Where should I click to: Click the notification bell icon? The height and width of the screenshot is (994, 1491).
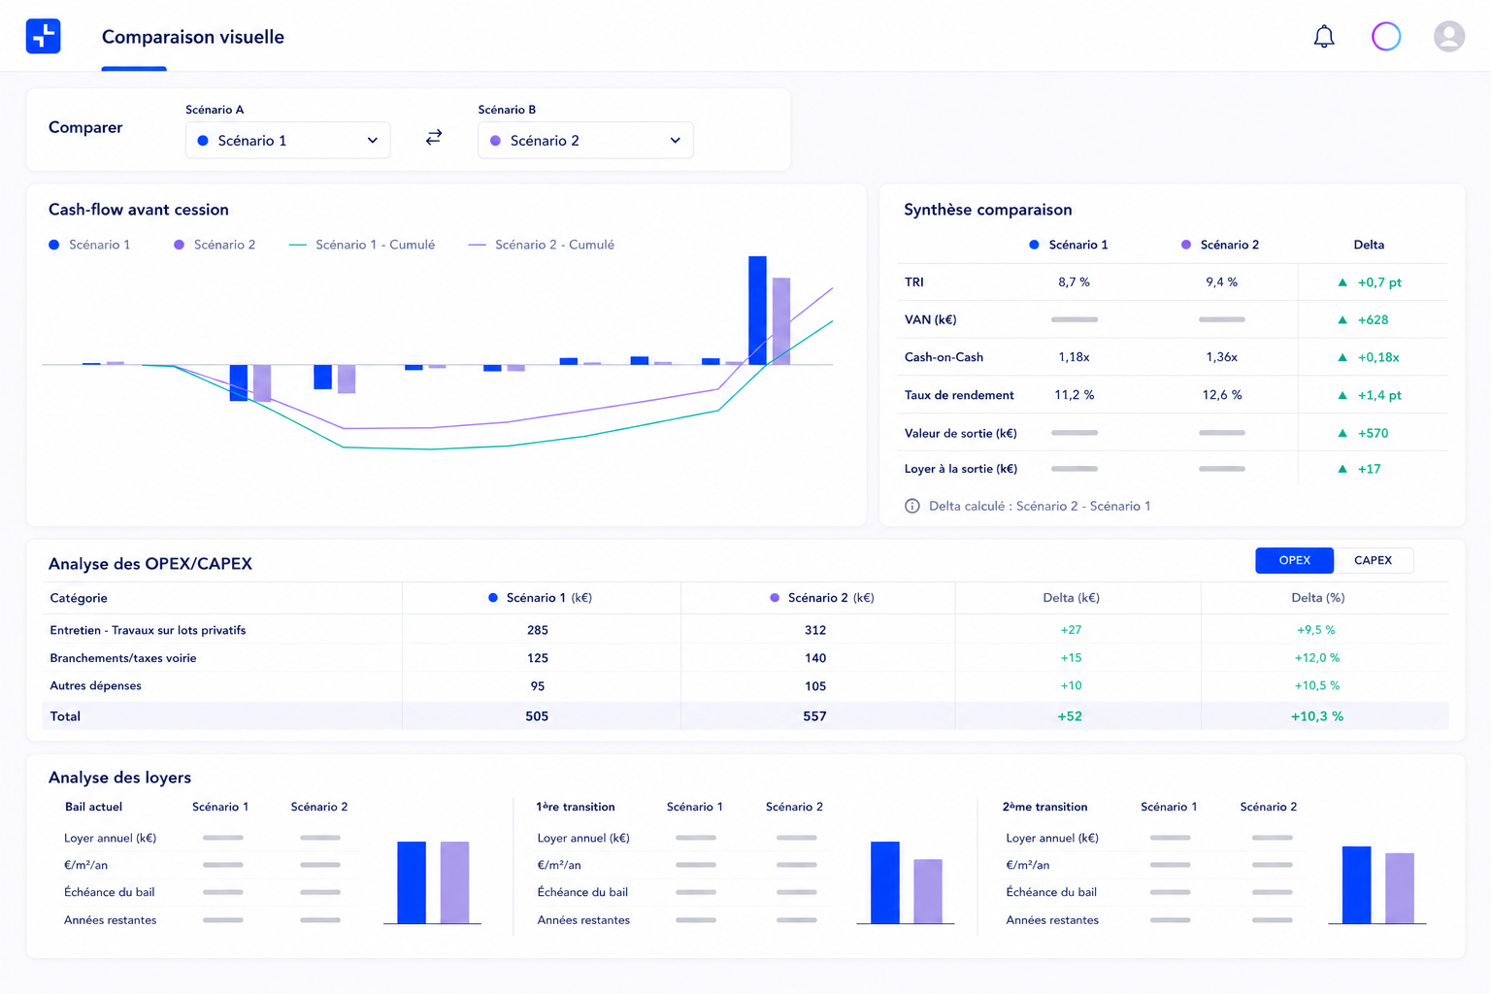[1323, 36]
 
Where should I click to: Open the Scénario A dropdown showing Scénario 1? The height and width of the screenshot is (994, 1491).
[287, 140]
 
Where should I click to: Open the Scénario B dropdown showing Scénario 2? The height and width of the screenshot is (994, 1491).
[585, 140]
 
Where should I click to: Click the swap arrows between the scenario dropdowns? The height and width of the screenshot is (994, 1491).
[434, 137]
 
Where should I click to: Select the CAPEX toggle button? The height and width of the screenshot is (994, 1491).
[1373, 560]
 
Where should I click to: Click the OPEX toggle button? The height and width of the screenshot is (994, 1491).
[1294, 560]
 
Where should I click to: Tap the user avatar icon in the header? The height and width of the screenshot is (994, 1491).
[1448, 36]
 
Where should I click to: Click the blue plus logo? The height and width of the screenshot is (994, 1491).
[44, 36]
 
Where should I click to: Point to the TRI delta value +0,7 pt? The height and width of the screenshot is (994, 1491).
[1379, 282]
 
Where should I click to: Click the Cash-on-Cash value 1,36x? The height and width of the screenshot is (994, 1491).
[1221, 357]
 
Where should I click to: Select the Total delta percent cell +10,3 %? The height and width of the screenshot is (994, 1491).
[1316, 716]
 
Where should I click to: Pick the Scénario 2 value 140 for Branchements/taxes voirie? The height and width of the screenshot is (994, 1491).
[814, 658]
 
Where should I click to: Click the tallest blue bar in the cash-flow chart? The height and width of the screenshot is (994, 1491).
[757, 311]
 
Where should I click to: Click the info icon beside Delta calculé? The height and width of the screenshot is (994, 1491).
[911, 506]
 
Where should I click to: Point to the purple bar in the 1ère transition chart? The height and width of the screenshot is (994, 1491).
[927, 891]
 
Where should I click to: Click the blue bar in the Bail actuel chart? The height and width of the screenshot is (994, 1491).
[412, 882]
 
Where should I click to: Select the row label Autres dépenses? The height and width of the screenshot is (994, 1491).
[95, 685]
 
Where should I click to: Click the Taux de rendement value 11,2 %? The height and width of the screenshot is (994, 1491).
[1074, 395]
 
